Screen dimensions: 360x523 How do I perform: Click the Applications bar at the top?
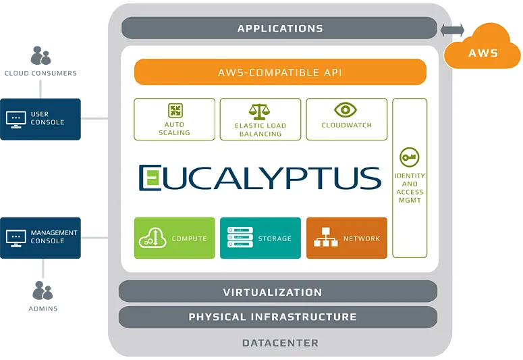tap(279, 28)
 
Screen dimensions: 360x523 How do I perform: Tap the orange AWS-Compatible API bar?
tap(280, 72)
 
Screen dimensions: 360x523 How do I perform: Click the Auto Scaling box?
tap(175, 119)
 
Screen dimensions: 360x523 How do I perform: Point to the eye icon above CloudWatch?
tap(346, 110)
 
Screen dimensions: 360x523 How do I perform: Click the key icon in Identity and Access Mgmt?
tap(409, 157)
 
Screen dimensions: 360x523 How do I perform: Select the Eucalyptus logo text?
tap(260, 178)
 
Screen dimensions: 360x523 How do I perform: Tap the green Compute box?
tap(175, 238)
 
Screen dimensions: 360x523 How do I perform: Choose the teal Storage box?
tap(260, 238)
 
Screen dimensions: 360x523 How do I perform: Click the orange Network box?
tap(347, 238)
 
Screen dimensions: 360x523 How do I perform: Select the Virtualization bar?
tap(277, 292)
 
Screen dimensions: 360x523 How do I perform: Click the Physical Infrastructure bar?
tap(277, 316)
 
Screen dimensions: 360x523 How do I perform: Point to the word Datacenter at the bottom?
tap(280, 343)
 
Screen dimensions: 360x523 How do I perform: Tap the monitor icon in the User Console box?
tap(16, 119)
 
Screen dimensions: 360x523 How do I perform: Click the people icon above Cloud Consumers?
tap(42, 56)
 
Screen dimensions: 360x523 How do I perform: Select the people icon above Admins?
tap(43, 291)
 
